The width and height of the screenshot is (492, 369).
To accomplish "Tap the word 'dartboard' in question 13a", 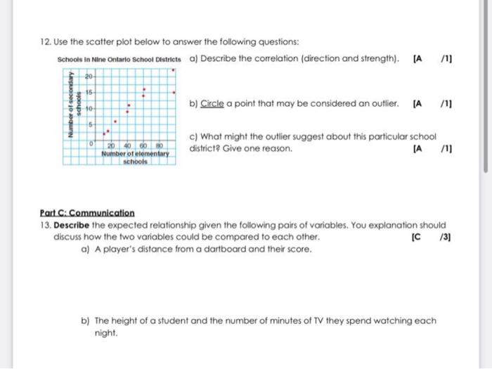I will [205, 249].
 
